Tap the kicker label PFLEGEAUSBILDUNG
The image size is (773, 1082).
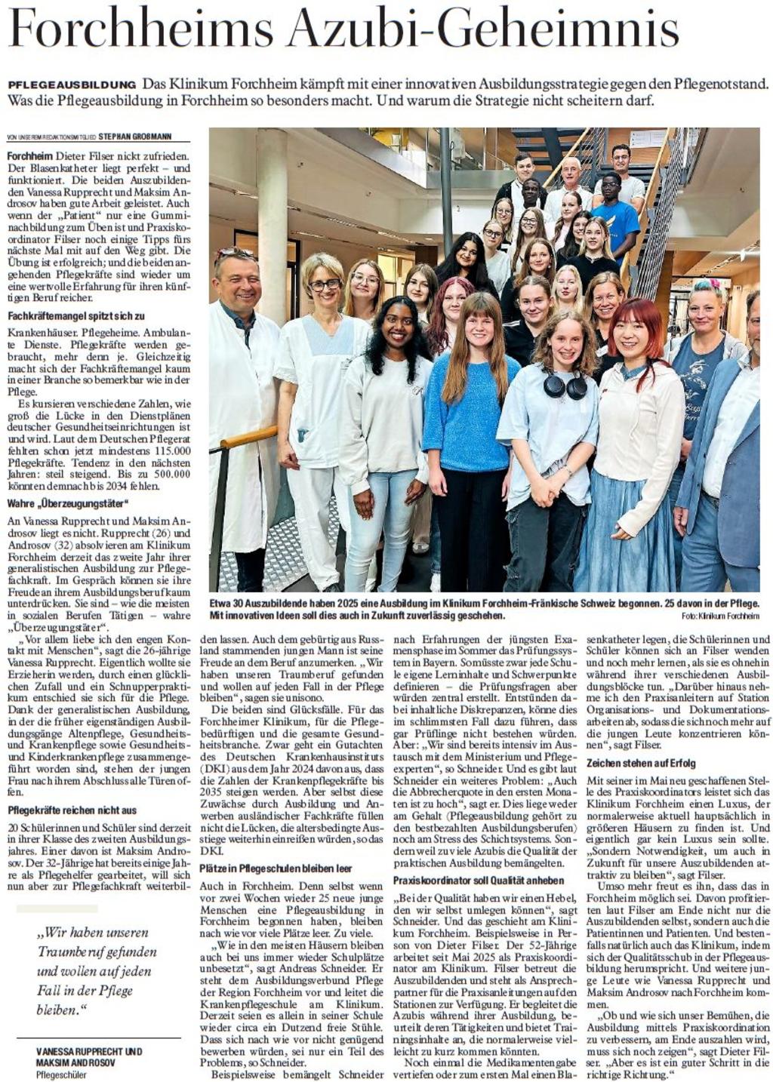[x=72, y=84]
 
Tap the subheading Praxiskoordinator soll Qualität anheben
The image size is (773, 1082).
[x=479, y=881]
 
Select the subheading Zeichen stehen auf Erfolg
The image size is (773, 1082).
[x=641, y=763]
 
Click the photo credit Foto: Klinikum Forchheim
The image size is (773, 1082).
[x=719, y=616]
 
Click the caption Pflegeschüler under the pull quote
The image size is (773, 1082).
[x=61, y=1074]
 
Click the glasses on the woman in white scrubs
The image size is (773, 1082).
[x=325, y=285]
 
